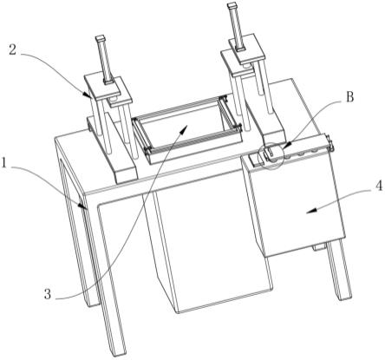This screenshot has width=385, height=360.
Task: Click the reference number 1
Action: [x=3, y=163]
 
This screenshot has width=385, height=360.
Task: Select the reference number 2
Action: [x=12, y=49]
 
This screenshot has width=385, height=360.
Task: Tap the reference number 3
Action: [x=48, y=294]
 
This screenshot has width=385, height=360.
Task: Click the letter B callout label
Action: [x=349, y=97]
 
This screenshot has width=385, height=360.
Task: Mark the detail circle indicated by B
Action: [x=271, y=156]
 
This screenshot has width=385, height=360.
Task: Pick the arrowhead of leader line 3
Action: [x=185, y=128]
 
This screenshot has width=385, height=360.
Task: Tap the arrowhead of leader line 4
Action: [x=310, y=212]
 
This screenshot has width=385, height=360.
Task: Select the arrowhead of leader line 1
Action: [x=83, y=206]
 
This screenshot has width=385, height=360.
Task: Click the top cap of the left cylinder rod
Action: [x=101, y=38]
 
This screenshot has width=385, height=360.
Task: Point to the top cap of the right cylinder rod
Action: [x=232, y=4]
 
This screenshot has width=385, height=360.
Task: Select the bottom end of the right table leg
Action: [x=344, y=295]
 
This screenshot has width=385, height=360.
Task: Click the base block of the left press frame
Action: [x=112, y=150]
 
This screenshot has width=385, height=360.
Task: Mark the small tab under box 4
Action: [x=318, y=247]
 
